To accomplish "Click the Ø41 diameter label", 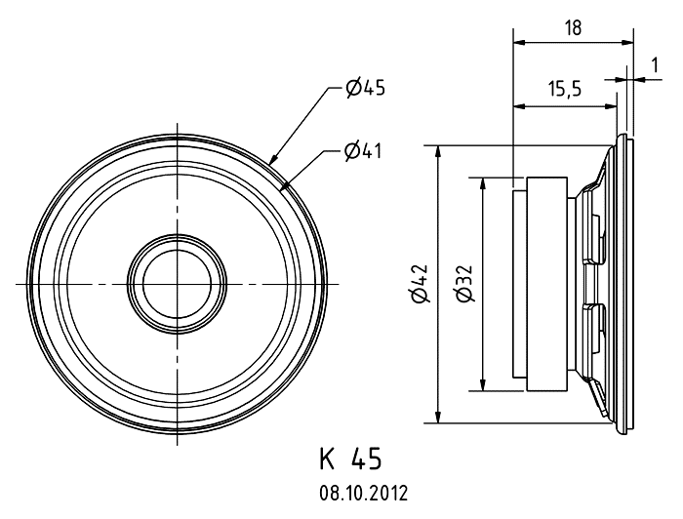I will click(362, 150).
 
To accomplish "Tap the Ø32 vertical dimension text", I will click(465, 284).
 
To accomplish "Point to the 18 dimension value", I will click(573, 28).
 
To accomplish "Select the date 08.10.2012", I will click(356, 493).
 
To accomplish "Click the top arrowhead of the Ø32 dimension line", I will click(482, 181).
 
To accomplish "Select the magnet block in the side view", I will click(544, 284).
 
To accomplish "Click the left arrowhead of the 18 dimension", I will click(518, 42).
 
